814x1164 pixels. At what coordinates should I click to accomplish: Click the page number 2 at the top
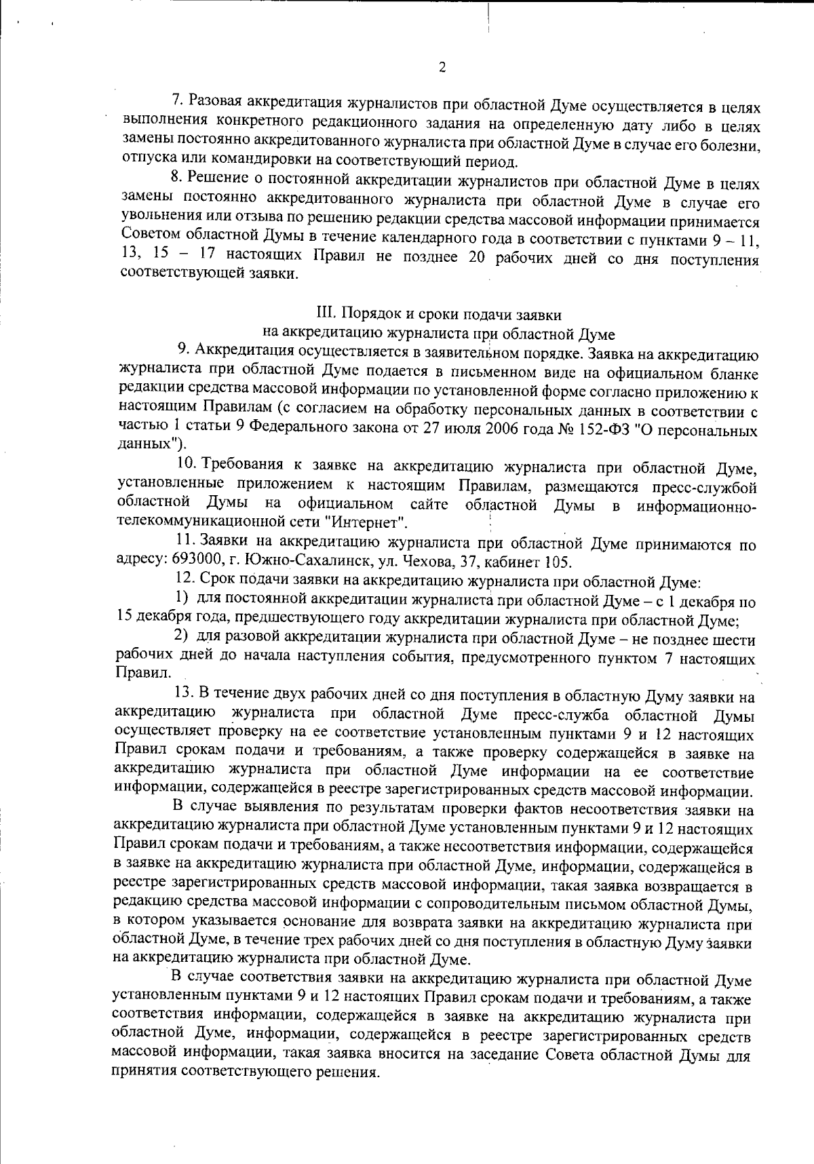click(442, 67)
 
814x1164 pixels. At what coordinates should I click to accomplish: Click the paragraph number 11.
click(185, 543)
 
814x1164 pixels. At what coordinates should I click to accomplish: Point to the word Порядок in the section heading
click(366, 314)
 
